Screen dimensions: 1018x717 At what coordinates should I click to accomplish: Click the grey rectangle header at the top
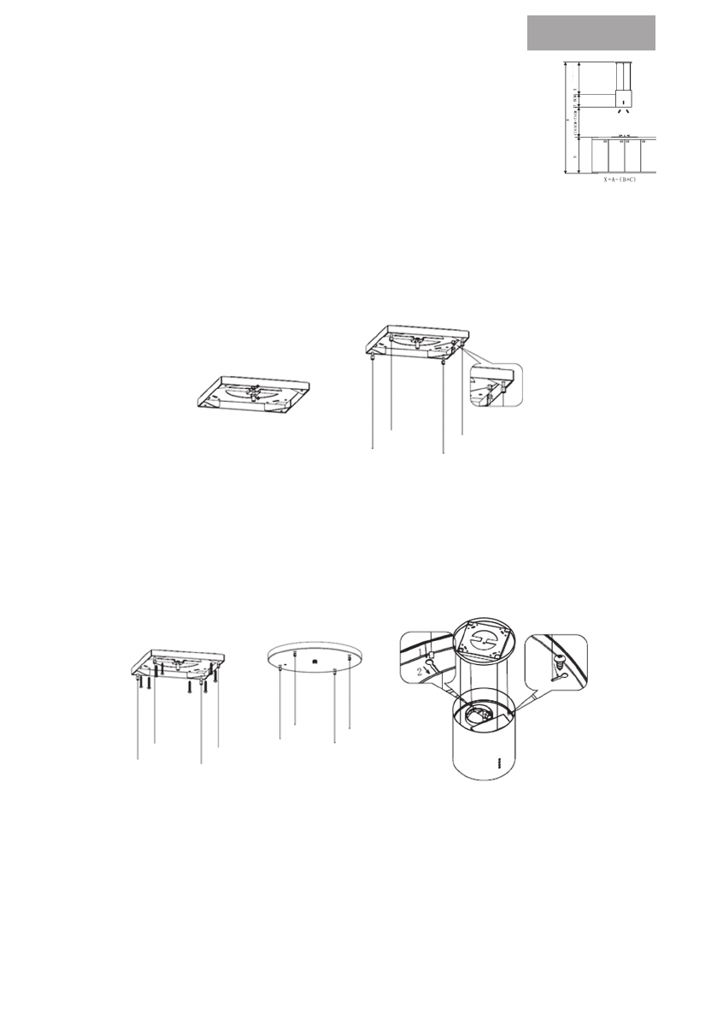tap(591, 32)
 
